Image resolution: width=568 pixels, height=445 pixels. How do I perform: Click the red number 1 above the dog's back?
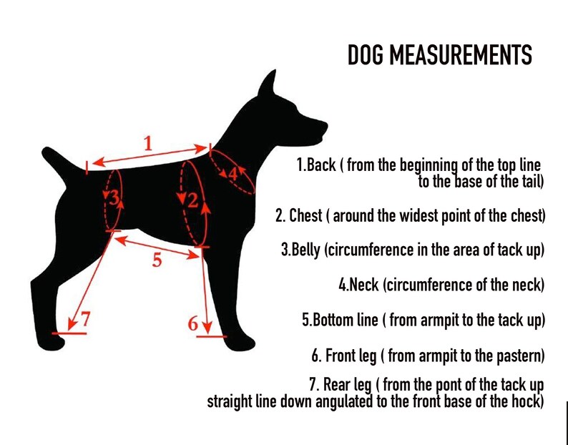(148, 144)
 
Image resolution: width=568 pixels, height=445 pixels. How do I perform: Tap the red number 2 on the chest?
(192, 200)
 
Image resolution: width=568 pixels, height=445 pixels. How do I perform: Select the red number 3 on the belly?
(114, 198)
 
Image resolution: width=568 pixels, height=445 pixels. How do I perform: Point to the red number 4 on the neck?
(233, 175)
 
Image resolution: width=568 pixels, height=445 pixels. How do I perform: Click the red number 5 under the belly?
(157, 260)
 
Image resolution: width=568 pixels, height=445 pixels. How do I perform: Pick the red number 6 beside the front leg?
(193, 323)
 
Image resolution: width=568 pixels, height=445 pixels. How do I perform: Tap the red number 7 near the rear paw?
(84, 318)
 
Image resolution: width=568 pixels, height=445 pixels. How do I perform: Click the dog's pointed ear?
(268, 84)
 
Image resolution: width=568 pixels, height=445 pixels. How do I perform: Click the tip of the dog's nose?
(325, 127)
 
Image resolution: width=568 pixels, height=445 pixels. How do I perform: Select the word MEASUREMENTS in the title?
(462, 55)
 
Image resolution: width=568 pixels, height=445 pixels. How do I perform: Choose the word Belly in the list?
(306, 250)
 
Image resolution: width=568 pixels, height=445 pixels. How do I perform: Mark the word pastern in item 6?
(520, 356)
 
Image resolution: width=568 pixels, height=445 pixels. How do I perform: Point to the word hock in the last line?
(527, 402)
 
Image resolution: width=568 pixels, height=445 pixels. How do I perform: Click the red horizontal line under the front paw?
(212, 337)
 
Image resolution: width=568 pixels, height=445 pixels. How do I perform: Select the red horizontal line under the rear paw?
(69, 333)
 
